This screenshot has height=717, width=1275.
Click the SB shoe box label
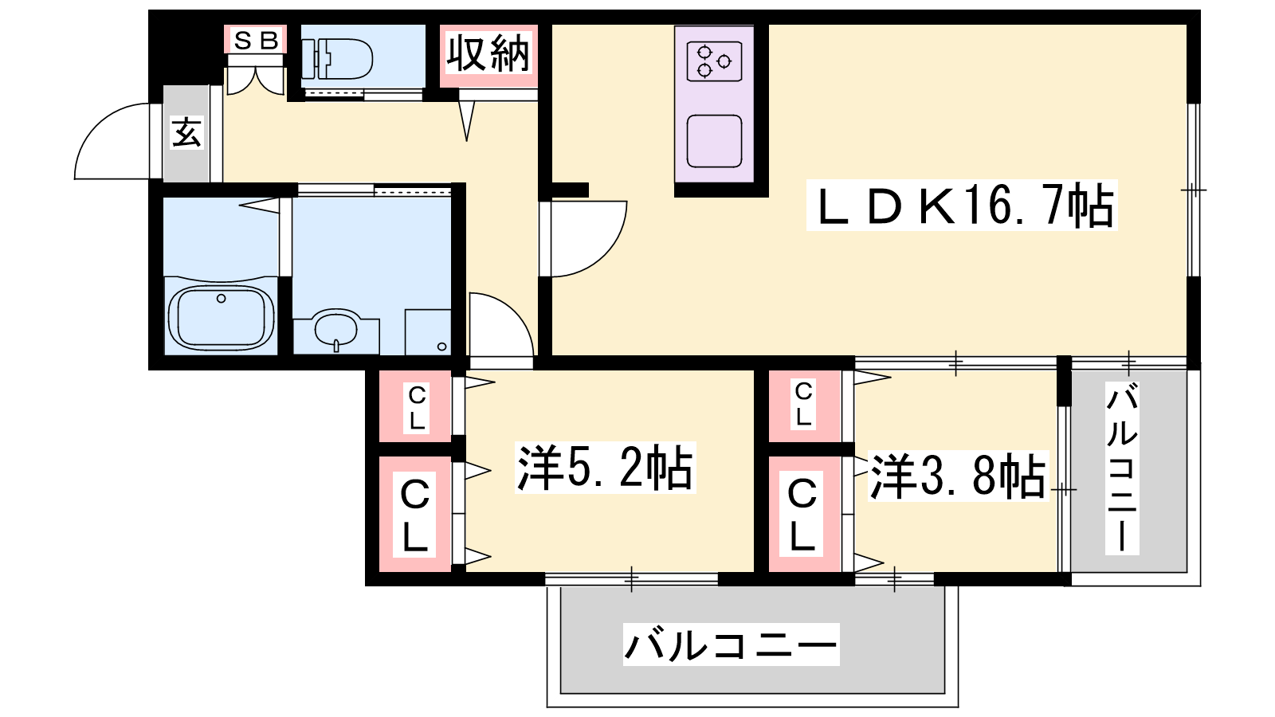coord(256,41)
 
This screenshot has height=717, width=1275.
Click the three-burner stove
coord(714,61)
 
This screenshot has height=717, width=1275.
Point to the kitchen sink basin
coord(714,141)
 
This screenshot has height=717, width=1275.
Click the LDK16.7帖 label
coord(961,206)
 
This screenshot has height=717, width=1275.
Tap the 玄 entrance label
coord(186,134)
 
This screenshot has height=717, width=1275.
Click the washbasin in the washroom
coord(335,328)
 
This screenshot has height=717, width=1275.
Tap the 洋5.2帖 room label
coord(605,467)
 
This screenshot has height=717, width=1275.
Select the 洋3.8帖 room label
coord(958,476)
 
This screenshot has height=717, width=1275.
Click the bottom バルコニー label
coord(731,645)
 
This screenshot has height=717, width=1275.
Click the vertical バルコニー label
coord(1122,468)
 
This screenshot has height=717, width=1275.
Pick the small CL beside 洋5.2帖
coord(417,408)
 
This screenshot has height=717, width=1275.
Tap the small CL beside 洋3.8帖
coord(803,405)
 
